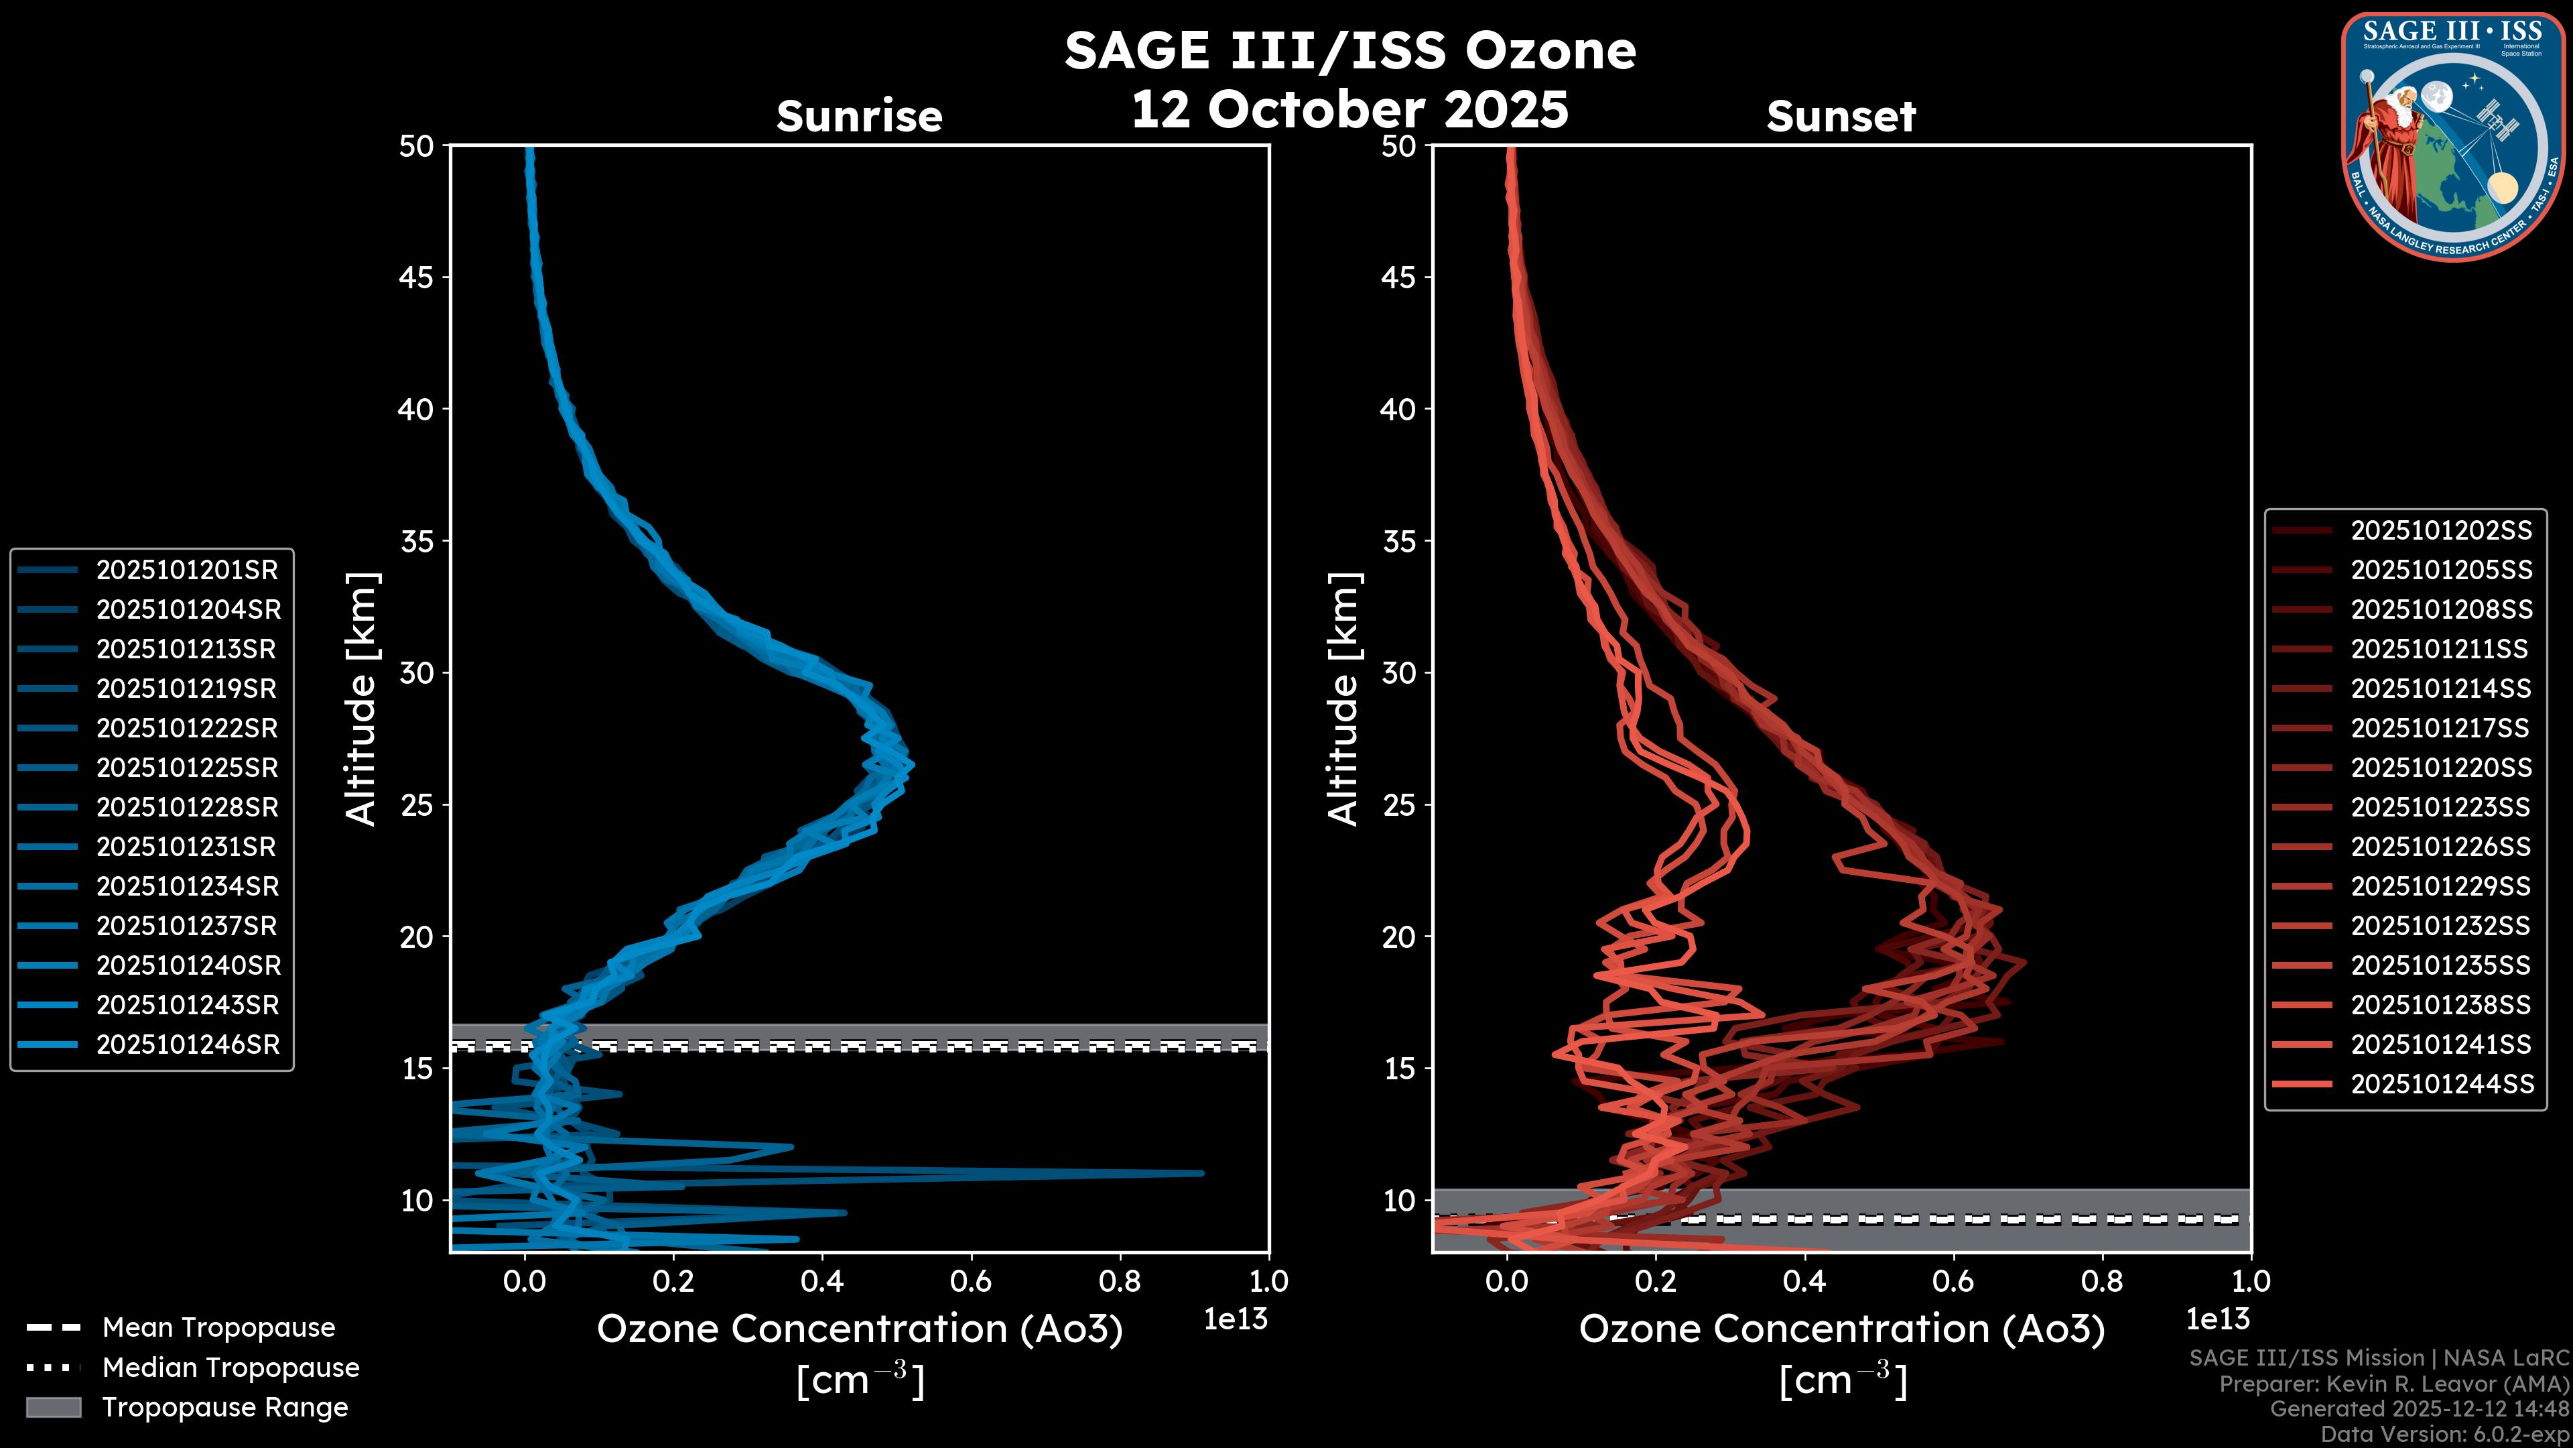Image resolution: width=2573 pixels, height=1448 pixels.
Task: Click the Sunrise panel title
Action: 859,116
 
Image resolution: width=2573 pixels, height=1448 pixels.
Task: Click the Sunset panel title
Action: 1841,116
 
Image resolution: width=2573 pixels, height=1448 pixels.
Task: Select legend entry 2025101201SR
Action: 188,570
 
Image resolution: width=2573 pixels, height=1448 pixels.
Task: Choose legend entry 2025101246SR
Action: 188,1044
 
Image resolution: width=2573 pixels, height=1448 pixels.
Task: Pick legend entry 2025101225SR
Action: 188,768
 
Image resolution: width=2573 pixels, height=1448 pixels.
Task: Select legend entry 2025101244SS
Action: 2441,1084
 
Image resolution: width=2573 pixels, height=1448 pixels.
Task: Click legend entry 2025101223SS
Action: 2441,806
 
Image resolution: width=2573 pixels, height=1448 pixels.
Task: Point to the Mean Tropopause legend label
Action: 218,1327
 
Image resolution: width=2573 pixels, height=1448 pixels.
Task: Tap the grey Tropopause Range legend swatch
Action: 53,1407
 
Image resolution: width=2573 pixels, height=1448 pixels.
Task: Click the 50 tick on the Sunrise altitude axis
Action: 417,146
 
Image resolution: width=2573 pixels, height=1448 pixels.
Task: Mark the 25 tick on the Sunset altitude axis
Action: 1398,804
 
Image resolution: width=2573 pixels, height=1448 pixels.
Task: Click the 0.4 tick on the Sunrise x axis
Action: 822,1280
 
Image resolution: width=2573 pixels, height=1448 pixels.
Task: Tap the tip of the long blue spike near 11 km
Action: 1201,1173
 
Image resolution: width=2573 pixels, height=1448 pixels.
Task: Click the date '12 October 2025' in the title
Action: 1349,109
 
